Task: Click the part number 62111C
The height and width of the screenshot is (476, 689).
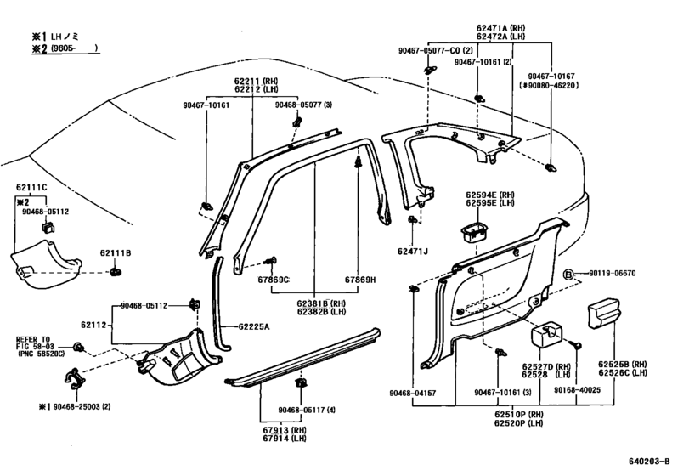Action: (32, 185)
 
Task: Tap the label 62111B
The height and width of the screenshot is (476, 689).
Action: (116, 252)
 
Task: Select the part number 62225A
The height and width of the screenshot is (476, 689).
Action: (256, 326)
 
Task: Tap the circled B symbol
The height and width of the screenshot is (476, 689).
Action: (568, 273)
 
